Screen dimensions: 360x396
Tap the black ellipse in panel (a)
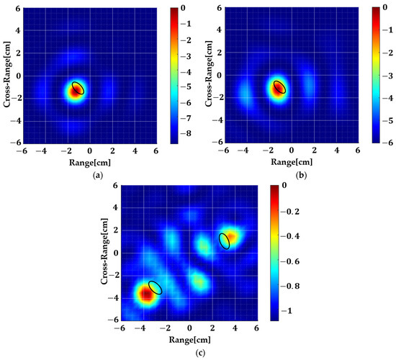pyautogui.click(x=78, y=88)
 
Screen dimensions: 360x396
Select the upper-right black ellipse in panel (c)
pyautogui.click(x=225, y=240)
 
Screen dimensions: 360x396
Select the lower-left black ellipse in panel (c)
pyautogui.click(x=156, y=287)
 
